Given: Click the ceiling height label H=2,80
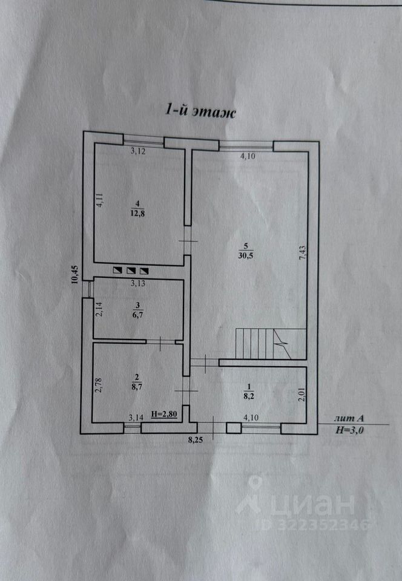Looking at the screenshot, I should point(163,415).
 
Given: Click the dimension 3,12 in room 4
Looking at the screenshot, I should point(138,151).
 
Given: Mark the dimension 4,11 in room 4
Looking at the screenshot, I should point(100,200).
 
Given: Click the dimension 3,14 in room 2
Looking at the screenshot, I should point(137,417).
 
